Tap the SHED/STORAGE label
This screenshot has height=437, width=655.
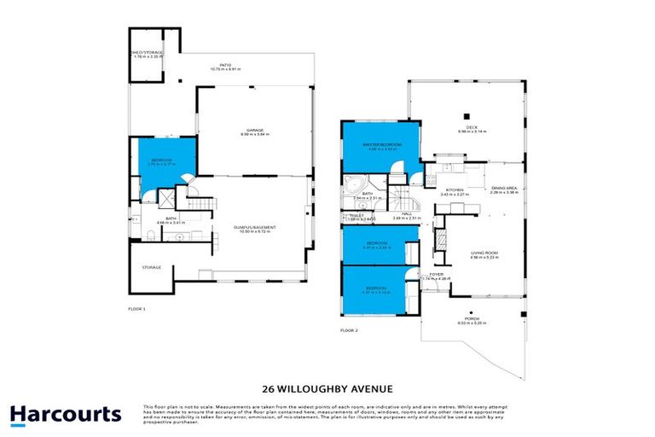tap(147, 53)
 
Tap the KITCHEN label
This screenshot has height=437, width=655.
tap(455, 190)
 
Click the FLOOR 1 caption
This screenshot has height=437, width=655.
tap(138, 308)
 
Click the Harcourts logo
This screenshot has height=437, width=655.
tap(65, 415)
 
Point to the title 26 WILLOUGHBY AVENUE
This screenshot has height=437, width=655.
tap(327, 388)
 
